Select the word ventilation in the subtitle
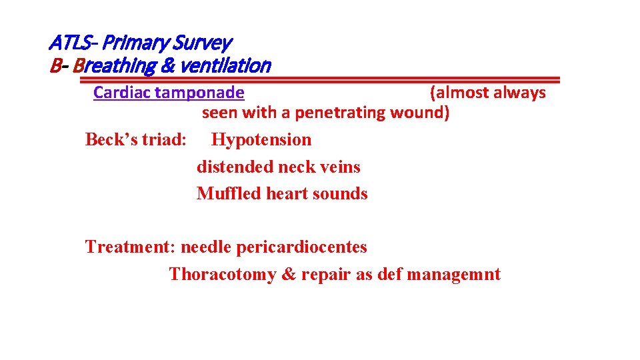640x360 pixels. click(x=235, y=66)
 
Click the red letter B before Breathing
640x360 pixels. click(x=55, y=66)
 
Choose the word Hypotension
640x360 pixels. click(x=261, y=140)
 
